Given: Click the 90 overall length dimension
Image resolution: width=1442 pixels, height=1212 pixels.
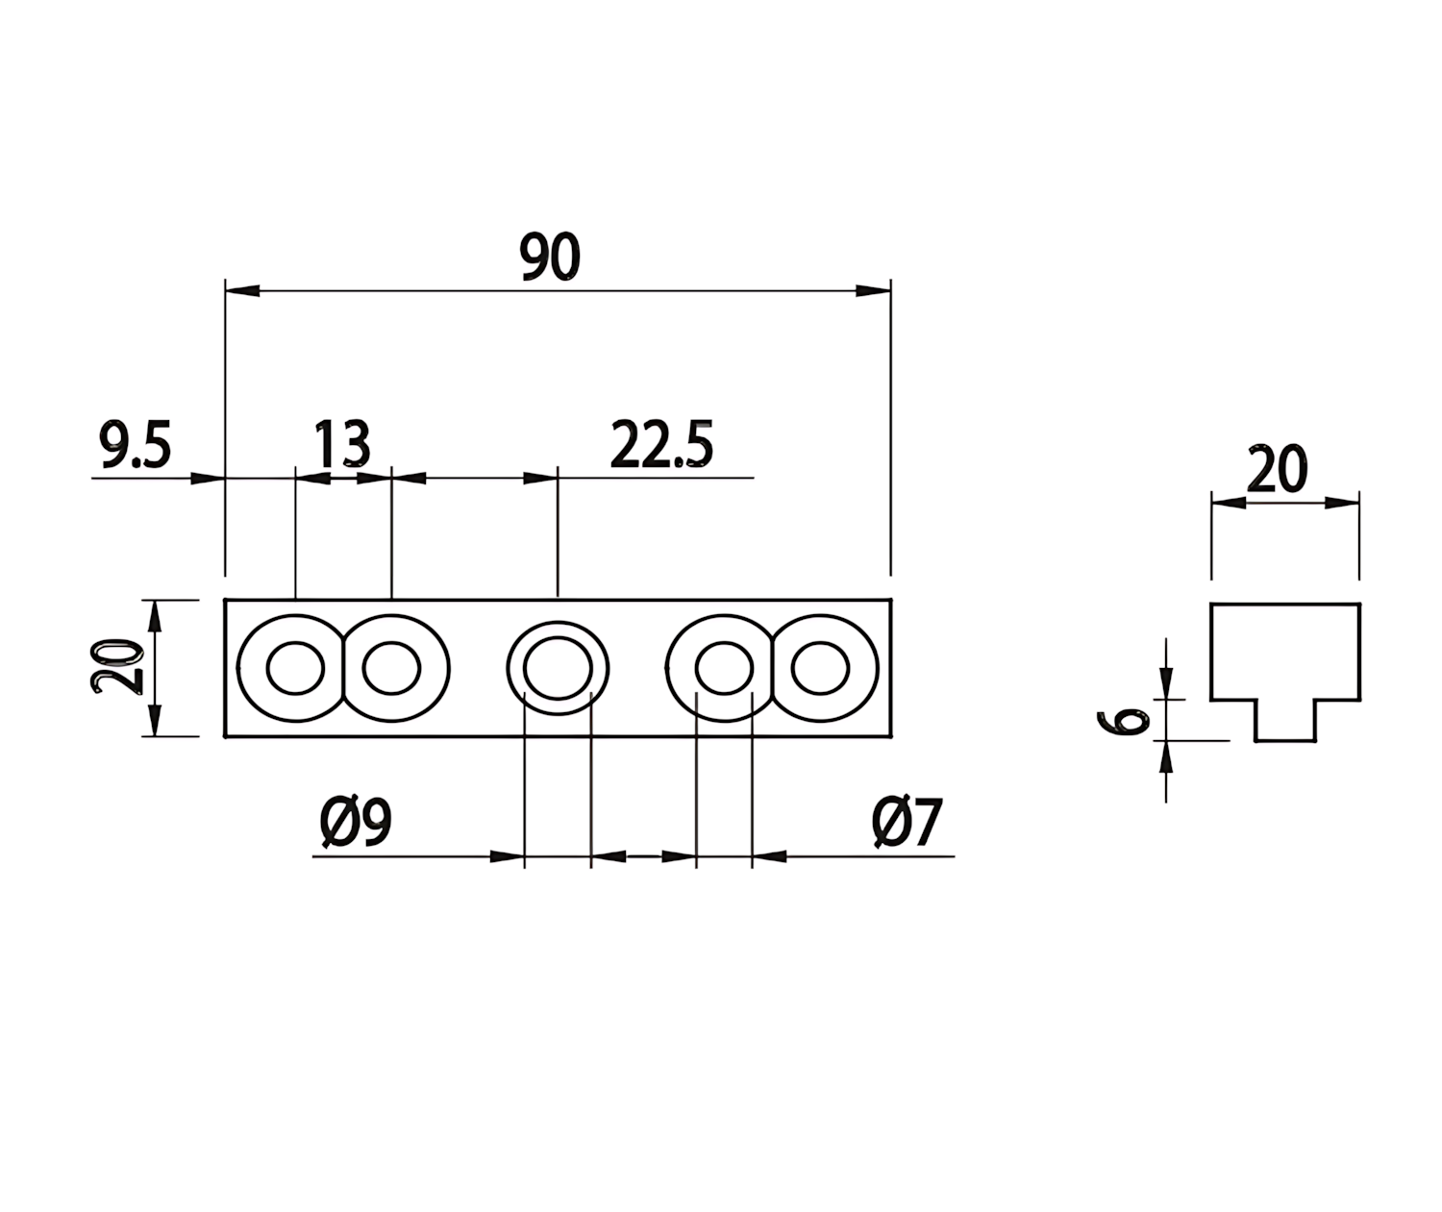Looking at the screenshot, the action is (550, 257).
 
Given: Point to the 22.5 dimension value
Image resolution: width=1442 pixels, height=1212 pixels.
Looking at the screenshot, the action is (661, 445).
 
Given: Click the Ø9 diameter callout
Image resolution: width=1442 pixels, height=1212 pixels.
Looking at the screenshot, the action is (356, 823).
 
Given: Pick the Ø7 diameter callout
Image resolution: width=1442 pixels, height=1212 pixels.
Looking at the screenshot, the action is (907, 823).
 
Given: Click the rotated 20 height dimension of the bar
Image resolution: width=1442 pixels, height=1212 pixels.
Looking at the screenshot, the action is (116, 666).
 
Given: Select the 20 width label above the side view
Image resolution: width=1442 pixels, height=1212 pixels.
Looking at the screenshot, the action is (1277, 470).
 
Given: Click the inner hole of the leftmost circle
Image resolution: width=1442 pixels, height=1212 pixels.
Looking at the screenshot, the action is (295, 668).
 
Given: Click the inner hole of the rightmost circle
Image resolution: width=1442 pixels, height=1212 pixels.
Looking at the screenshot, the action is (820, 668).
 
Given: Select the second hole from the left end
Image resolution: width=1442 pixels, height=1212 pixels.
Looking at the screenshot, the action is (391, 668).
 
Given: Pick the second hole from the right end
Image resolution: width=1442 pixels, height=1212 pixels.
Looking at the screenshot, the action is (724, 668).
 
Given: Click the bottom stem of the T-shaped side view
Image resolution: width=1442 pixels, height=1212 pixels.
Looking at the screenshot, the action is (1284, 720).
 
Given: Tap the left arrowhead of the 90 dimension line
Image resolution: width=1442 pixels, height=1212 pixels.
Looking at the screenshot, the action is (242, 290).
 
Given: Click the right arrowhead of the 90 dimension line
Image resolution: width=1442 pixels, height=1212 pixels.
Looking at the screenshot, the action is (873, 290).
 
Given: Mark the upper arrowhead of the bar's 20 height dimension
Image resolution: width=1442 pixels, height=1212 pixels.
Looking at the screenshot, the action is (155, 617).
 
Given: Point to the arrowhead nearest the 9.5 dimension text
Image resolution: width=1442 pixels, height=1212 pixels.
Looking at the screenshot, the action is (208, 478).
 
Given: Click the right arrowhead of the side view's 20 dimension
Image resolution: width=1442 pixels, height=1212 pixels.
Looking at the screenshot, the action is (1342, 503).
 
